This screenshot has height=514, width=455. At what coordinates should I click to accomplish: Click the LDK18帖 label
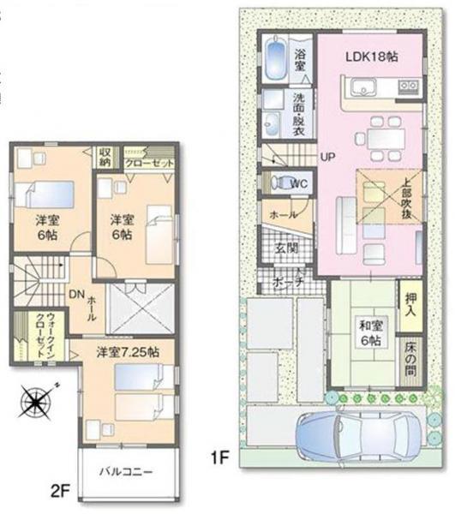pyautogui.click(x=371, y=57)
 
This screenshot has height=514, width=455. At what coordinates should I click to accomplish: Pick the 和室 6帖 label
pyautogui.click(x=369, y=332)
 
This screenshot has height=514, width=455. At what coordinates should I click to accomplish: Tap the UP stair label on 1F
pyautogui.click(x=326, y=157)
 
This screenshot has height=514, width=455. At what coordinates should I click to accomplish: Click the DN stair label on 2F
pyautogui.click(x=75, y=292)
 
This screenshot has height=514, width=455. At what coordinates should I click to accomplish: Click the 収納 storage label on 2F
pyautogui.click(x=105, y=156)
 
